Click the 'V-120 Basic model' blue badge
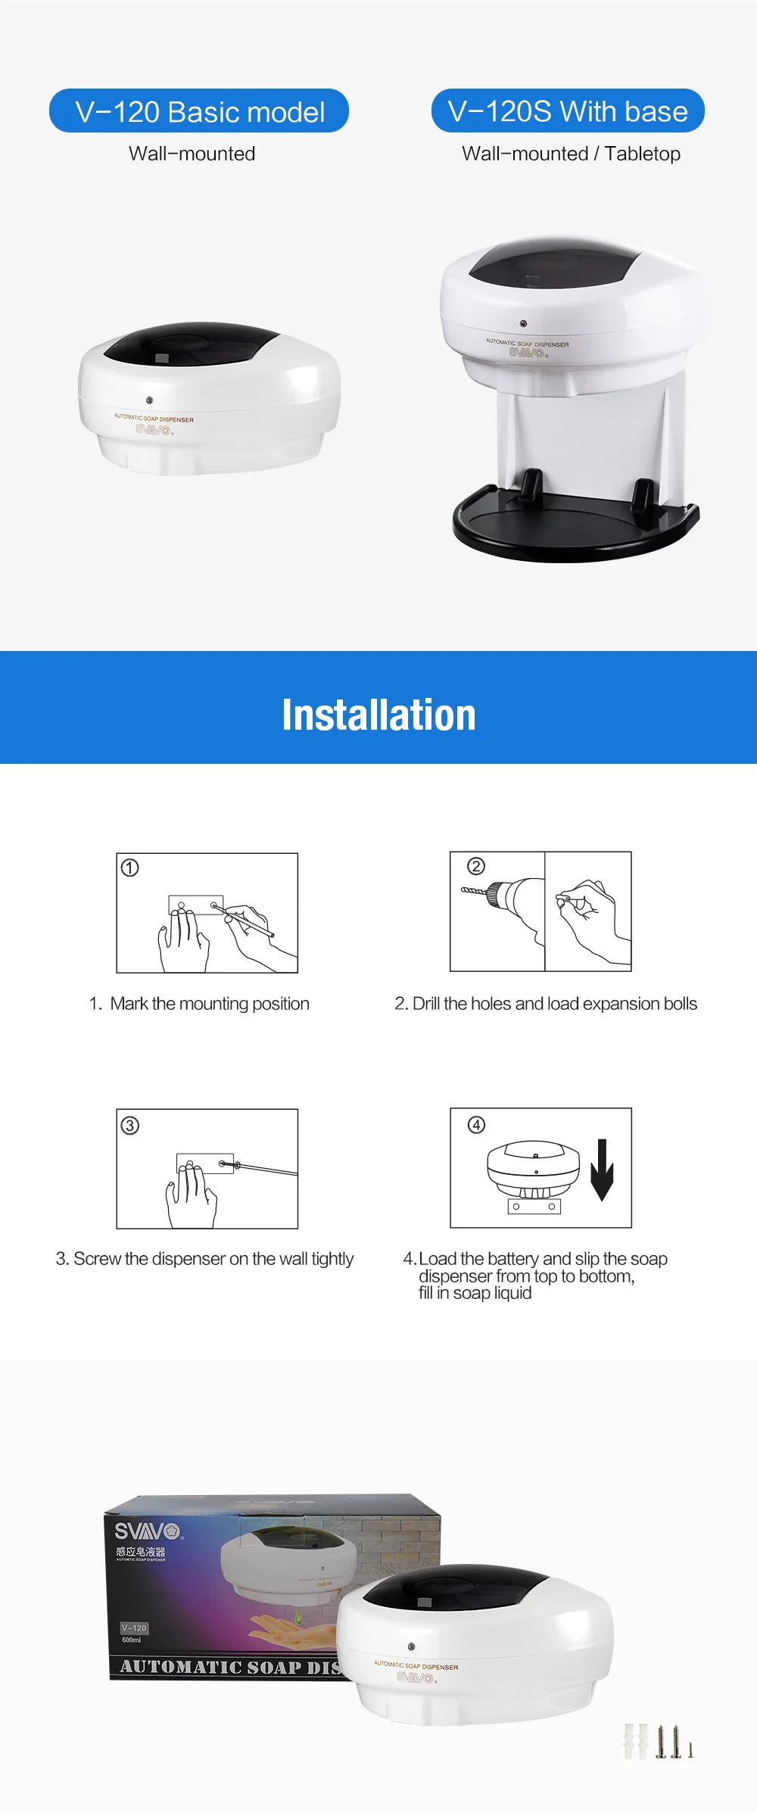199,111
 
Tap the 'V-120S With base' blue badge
568,111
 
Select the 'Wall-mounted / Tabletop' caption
571,154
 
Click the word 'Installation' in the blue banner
378,715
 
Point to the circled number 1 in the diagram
130,868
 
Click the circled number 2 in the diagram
476,866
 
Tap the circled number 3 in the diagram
130,1126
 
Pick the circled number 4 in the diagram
476,1125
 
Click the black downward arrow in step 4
602,1169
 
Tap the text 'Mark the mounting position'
210,1004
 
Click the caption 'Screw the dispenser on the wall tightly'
204,1259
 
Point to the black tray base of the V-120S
575,530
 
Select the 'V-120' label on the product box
134,1628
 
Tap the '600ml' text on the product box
132,1640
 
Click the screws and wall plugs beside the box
658,1741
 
